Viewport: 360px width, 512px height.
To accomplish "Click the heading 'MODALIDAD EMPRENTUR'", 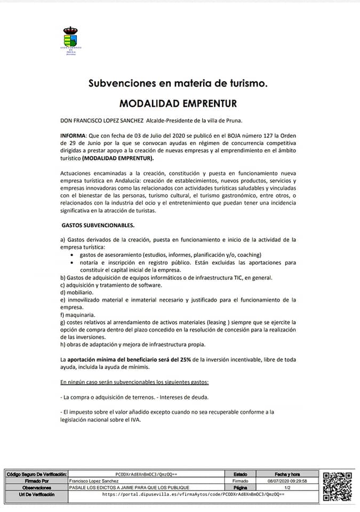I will (178, 103).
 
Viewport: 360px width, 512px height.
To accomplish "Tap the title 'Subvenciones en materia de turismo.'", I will (178, 83).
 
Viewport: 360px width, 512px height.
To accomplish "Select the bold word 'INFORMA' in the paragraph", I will (73, 137).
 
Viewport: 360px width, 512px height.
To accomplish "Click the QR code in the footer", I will (338, 486).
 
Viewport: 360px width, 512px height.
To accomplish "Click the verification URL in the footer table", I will (193, 494).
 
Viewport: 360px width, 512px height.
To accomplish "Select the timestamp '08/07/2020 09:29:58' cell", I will (287, 481).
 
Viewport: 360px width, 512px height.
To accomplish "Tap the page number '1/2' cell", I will (287, 487).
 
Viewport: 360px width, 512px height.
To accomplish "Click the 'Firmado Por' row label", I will (36, 481).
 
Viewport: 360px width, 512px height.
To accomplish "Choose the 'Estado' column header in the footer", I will (241, 474).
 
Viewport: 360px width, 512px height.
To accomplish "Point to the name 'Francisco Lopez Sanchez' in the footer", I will (91, 481).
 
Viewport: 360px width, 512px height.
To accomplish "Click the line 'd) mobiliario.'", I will (77, 292).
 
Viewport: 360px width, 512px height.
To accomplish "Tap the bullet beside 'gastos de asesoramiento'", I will (73, 255).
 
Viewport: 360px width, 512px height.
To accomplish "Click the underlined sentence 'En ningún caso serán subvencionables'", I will (134, 382).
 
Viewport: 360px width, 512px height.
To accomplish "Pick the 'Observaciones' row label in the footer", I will (36, 487).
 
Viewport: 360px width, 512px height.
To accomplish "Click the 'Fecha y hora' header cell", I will (287, 474).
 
